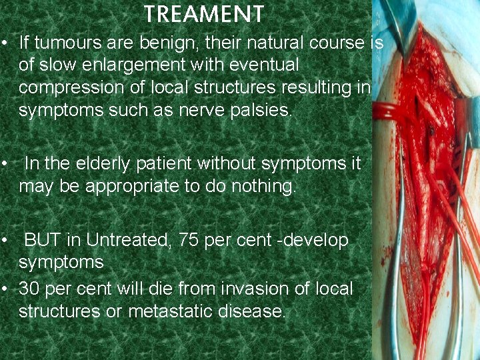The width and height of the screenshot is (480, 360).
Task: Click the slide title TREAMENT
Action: pos(204,14)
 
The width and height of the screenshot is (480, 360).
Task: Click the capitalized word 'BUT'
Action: pos(43,240)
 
